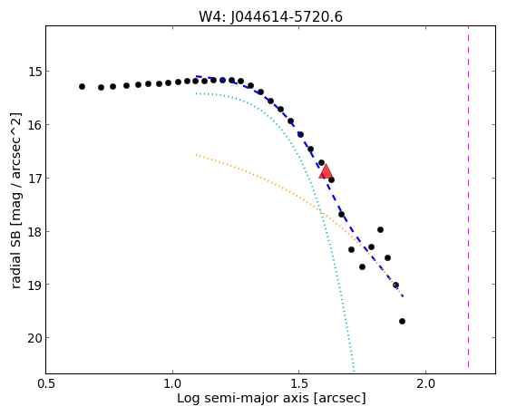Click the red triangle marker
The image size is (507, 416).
pos(326,171)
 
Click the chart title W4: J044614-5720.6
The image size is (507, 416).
pos(270,17)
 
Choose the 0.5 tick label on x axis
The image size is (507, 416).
pos(46,383)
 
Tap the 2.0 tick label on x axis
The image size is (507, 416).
pos(426,383)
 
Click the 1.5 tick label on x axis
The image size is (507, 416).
pos(299,383)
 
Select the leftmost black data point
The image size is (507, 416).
pos(83,87)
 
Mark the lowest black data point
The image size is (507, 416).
pos(402,322)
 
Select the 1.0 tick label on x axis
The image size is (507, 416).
pos(172,383)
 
